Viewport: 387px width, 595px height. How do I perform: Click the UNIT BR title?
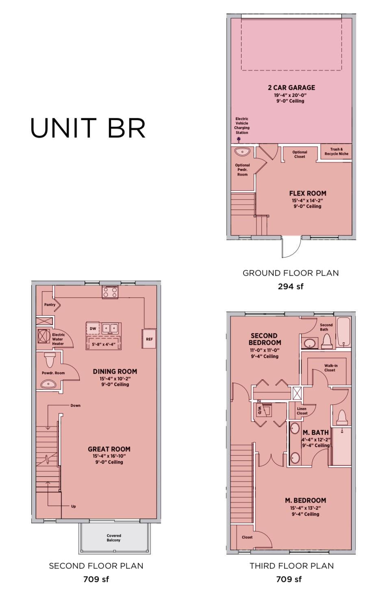coord(88,128)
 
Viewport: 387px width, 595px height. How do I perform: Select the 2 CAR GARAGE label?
coord(291,87)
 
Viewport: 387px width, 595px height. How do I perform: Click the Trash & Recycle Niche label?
coord(336,152)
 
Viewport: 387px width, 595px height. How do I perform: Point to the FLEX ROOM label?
coord(307,194)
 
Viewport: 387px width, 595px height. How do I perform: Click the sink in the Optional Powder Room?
coord(243,152)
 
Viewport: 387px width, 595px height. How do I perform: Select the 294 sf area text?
coord(290,286)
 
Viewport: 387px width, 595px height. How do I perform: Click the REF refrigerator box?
coord(149,339)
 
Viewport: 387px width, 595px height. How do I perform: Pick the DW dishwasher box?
coord(93,328)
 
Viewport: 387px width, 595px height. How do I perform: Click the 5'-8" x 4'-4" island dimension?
coord(103,344)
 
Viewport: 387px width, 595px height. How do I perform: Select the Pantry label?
coord(50,305)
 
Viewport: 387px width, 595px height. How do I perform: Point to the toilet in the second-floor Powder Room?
coord(50,360)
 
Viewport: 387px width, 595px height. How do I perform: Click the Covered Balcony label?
coord(114,538)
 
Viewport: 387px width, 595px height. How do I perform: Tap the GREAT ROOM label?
coord(109,449)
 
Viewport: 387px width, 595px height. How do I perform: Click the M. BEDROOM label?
coord(305,501)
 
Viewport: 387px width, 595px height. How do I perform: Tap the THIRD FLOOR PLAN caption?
coord(291,566)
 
